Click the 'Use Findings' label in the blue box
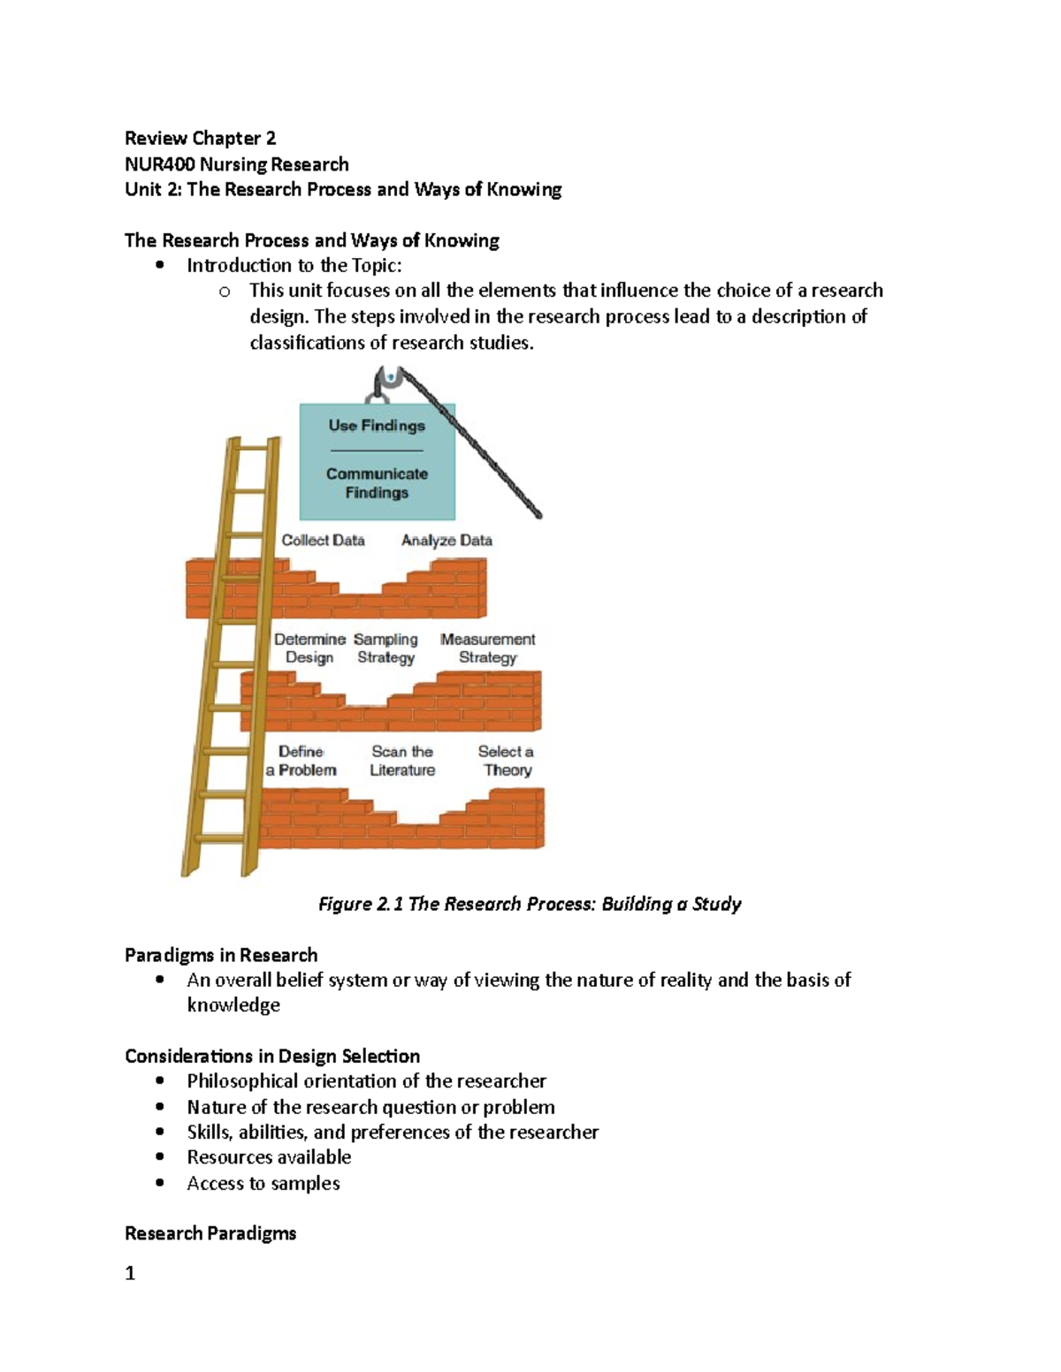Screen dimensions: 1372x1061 tap(377, 426)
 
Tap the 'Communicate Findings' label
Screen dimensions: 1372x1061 tap(377, 483)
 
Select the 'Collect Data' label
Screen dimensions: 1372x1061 tap(323, 541)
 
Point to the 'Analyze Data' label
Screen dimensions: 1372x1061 tap(447, 541)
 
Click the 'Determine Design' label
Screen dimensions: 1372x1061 tap(309, 648)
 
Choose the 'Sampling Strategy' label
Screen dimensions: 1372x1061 tap(385, 648)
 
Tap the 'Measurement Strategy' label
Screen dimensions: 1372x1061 tap(488, 648)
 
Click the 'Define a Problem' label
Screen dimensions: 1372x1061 tap(302, 761)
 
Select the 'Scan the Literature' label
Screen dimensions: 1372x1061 tap(402, 761)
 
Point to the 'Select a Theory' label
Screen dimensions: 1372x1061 tap(507, 761)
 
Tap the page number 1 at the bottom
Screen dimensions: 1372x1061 tap(130, 1273)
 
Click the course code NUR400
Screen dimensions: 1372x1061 tap(159, 164)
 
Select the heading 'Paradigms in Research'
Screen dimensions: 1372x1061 tap(221, 955)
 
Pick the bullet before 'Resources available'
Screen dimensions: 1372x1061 tap(160, 1157)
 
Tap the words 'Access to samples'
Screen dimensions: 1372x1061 tap(263, 1184)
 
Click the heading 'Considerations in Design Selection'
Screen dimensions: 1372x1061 tap(272, 1057)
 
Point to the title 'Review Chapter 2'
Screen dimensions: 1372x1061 tap(201, 138)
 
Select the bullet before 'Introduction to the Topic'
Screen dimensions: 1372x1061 tap(160, 265)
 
